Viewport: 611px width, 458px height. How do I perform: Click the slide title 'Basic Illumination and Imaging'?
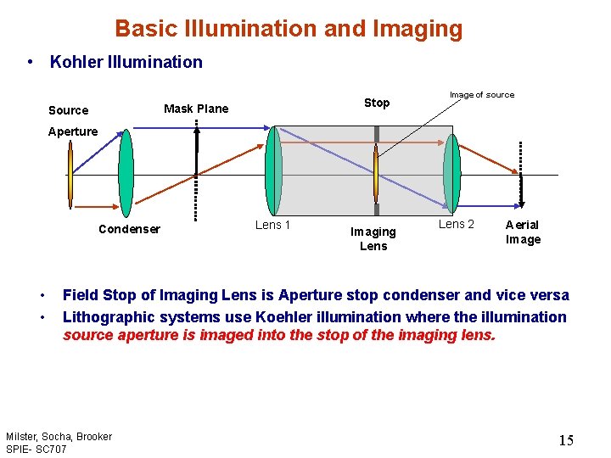pos(289,29)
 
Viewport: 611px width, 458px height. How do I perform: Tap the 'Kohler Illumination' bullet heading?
pos(126,62)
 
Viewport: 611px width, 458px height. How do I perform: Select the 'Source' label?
pos(68,110)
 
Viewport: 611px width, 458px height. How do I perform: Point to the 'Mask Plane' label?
pos(196,109)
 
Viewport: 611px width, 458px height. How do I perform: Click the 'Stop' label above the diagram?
pos(377,103)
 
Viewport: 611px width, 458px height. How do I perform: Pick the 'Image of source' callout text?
pos(481,95)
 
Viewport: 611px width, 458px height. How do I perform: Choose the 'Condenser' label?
pos(129,229)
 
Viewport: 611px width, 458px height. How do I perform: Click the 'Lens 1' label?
pos(272,225)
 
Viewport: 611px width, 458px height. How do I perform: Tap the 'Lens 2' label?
pos(456,224)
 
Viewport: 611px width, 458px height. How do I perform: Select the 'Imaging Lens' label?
pos(373,238)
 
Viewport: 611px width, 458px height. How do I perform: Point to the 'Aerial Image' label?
pos(523,232)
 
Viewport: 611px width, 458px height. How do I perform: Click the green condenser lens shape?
pos(126,174)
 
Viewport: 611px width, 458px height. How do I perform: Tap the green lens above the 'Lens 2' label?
pos(452,174)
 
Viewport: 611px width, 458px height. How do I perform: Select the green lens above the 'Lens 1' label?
pos(273,172)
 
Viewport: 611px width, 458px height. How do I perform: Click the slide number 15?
pos(566,440)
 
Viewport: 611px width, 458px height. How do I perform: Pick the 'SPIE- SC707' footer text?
pos(36,448)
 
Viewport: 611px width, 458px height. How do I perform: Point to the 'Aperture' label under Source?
pos(73,131)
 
